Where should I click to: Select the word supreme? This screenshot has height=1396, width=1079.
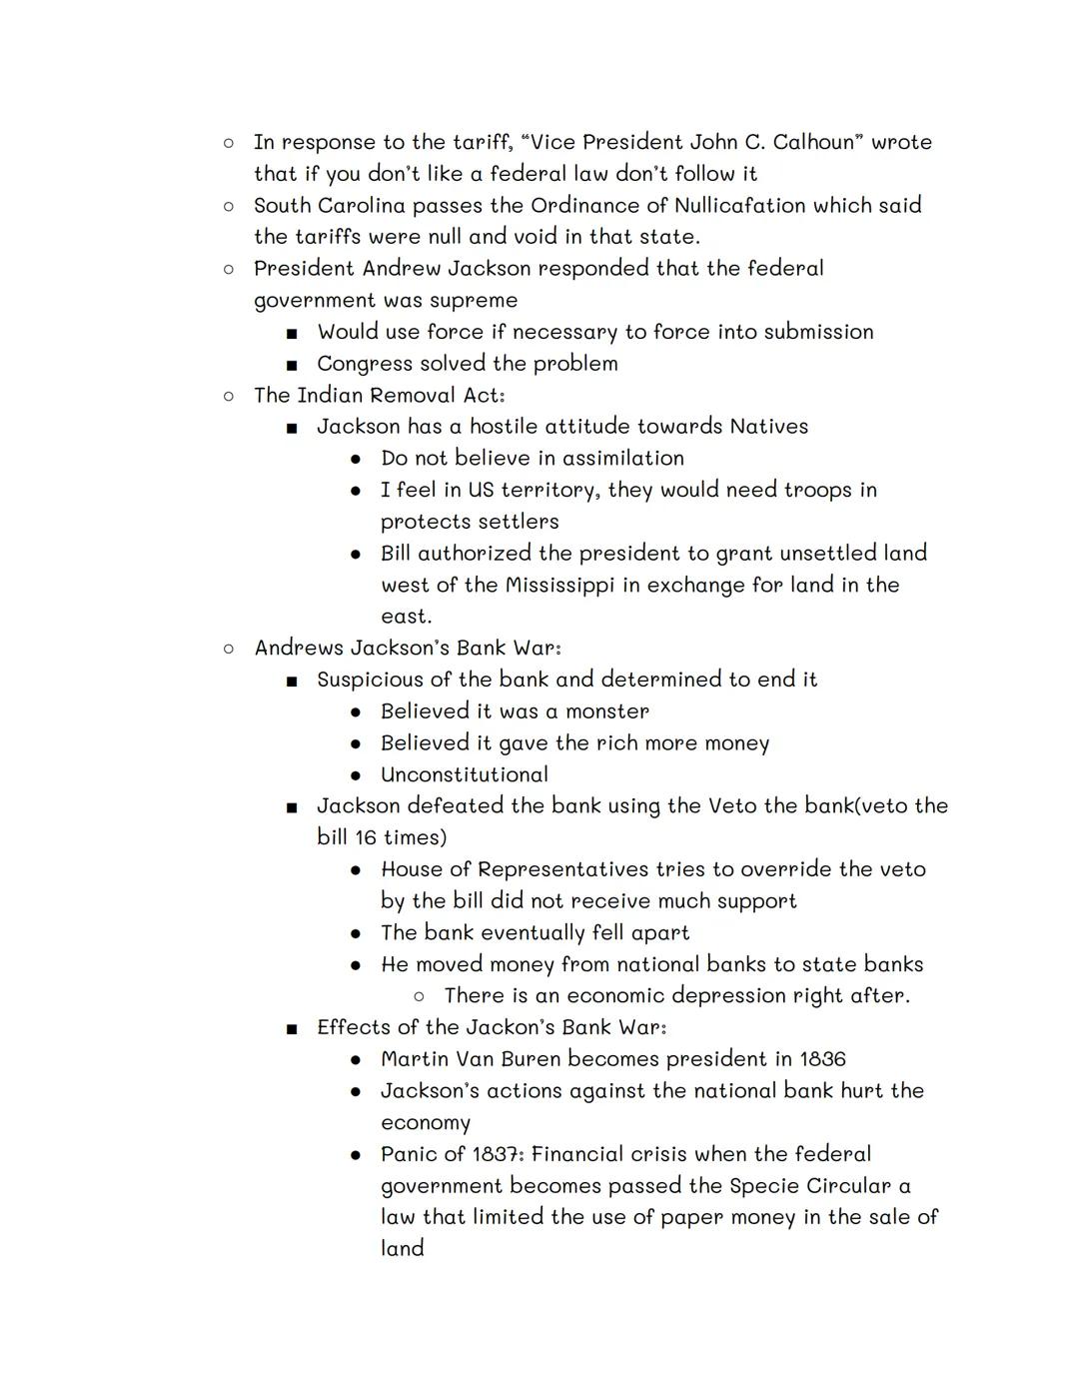pyautogui.click(x=472, y=300)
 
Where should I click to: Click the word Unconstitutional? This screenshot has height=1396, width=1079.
pyautogui.click(x=465, y=774)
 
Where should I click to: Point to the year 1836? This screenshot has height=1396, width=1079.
pyautogui.click(x=822, y=1059)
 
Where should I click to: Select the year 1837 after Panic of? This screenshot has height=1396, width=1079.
pyautogui.click(x=496, y=1154)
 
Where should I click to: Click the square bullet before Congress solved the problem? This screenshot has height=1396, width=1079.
pyautogui.click(x=292, y=364)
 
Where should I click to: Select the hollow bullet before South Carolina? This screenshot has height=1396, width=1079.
pyautogui.click(x=229, y=206)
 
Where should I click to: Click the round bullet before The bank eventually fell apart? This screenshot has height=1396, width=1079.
pyautogui.click(x=356, y=933)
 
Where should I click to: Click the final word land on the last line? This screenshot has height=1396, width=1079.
pyautogui.click(x=402, y=1249)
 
